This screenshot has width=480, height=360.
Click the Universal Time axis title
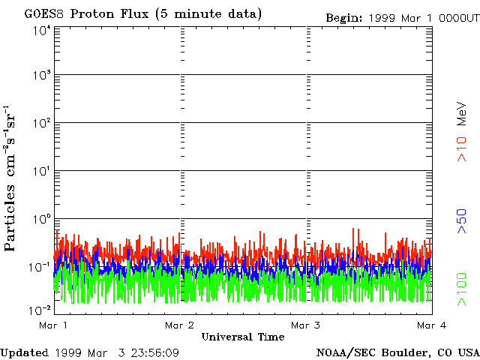243,337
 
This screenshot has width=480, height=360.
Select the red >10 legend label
463,148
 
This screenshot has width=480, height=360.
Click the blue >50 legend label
463,222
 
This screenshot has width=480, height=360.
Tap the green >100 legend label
463,289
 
